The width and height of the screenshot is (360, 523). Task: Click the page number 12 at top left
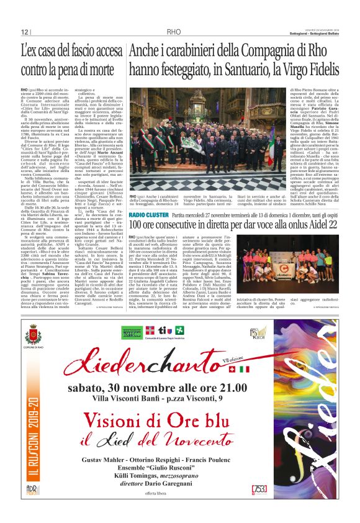point(25,32)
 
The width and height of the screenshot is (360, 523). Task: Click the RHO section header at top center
point(174,32)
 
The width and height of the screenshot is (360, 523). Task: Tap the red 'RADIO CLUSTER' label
point(148,214)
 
